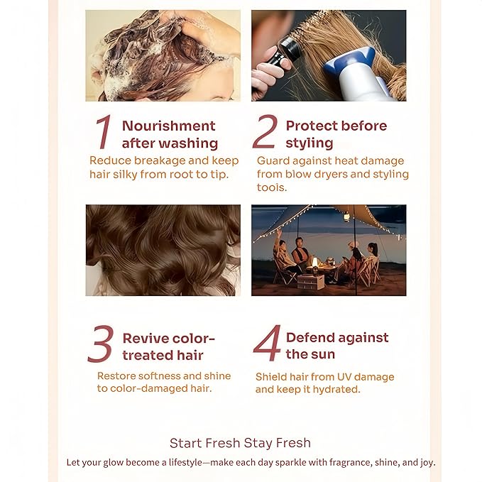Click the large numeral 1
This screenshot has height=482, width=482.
[104, 132]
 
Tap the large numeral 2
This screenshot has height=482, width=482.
[265, 131]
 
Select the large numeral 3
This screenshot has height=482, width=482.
[101, 344]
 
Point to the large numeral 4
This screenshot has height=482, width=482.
[267, 343]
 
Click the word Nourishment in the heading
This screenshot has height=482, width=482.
[169, 126]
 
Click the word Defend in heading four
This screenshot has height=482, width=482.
[309, 337]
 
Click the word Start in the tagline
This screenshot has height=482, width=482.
[185, 443]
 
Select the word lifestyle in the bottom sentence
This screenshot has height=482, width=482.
[186, 462]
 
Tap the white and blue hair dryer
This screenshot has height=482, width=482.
[356, 74]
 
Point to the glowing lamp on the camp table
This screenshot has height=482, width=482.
[314, 263]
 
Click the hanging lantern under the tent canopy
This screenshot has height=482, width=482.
[346, 217]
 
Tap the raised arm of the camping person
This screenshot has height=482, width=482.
[278, 236]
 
